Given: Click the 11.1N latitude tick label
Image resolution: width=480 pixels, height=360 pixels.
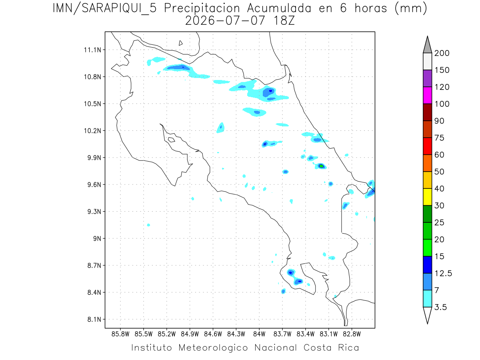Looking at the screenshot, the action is coord(92,50).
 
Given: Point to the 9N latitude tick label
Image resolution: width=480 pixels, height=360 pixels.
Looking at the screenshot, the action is coord(97,238).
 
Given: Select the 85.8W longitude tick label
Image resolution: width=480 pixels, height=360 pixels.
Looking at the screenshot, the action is coord(120,334).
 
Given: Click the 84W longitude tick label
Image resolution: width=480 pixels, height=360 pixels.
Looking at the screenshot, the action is coord(259,334).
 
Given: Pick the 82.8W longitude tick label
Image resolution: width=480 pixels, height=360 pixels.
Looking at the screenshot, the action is coord(352,334).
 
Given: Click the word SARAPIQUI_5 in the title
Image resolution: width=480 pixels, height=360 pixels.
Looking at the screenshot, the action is coord(119,9).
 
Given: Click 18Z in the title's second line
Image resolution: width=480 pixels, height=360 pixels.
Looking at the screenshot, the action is coord(284,21).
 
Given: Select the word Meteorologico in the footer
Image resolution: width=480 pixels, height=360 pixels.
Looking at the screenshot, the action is coord(213,348).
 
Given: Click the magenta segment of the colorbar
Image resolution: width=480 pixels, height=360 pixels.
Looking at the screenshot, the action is coord(427,95).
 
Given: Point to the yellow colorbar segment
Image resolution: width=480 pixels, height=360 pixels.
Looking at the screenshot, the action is coord(427,197).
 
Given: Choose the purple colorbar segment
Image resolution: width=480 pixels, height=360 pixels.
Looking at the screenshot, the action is coord(427,78).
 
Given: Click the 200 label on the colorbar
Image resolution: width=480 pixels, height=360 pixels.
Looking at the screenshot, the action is coord(442,53).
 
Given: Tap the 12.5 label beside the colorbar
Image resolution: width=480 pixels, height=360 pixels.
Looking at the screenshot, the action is coord(443,274).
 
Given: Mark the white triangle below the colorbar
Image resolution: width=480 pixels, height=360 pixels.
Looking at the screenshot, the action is coord(427,314).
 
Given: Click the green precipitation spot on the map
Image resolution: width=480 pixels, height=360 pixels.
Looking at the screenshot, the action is coord(321,166).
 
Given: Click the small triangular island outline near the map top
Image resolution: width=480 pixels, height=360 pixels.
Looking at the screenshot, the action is coord(180,43).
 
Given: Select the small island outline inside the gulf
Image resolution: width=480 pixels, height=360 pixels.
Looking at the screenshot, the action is coord(172,140).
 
